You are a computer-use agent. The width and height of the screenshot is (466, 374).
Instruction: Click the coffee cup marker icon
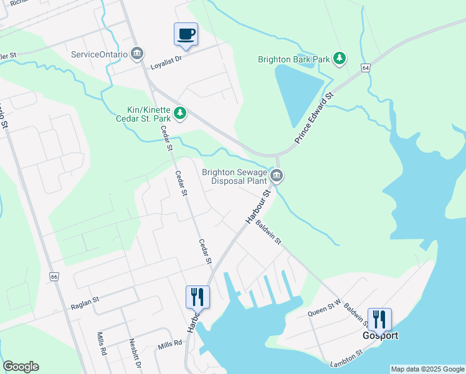click(x=186, y=34)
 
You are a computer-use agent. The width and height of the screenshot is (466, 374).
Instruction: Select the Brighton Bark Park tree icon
click(x=340, y=59)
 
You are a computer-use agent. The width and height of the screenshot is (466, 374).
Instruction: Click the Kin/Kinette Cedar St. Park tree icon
click(x=180, y=113)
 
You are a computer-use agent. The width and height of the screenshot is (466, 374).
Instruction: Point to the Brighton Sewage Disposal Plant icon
click(x=277, y=178)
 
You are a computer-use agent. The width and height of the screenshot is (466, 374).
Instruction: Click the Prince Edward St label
click(x=315, y=119)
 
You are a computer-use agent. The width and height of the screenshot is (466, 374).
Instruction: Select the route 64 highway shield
click(x=365, y=67)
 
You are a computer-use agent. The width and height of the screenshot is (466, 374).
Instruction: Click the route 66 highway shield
click(x=55, y=276)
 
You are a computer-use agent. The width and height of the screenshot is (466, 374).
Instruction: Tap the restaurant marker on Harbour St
click(x=197, y=297)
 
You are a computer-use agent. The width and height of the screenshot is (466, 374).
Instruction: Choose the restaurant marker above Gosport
click(x=379, y=319)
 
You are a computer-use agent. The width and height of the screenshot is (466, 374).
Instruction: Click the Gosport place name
click(x=380, y=335)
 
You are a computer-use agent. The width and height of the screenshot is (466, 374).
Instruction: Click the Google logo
click(x=21, y=367)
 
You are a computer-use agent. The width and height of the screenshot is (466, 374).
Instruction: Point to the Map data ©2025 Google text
click(x=427, y=369)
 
